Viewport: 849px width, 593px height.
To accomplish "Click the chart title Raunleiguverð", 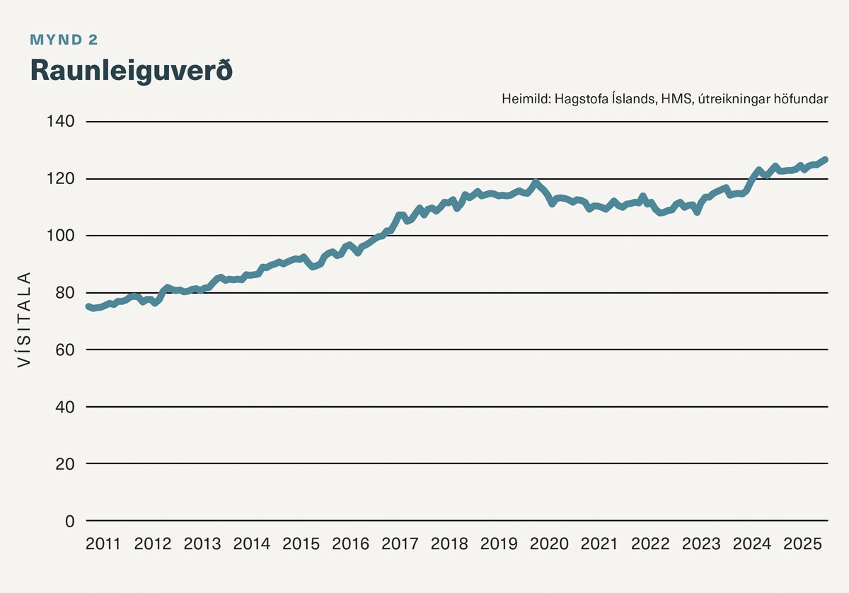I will (x=131, y=71).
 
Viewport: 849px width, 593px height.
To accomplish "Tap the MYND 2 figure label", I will (x=64, y=40).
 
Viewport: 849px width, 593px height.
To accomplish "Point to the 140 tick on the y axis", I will (x=61, y=122).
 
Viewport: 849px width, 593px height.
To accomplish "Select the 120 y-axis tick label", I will (x=61, y=179).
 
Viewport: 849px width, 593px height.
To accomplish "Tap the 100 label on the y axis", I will (x=61, y=236).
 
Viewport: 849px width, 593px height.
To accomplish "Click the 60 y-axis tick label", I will (x=64, y=350).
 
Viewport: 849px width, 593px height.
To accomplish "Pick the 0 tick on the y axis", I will (x=69, y=521).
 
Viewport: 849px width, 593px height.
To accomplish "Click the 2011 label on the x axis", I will (x=103, y=544).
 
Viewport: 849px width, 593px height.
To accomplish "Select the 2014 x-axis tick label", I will (x=252, y=544).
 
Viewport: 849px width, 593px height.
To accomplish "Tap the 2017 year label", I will (x=400, y=544).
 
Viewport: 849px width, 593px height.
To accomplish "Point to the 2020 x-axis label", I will (x=549, y=544).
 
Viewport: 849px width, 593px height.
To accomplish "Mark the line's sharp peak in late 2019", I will (x=536, y=183).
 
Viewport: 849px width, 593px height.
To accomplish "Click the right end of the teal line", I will (x=825, y=160).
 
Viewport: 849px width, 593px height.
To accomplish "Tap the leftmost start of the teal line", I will (x=88, y=306).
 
